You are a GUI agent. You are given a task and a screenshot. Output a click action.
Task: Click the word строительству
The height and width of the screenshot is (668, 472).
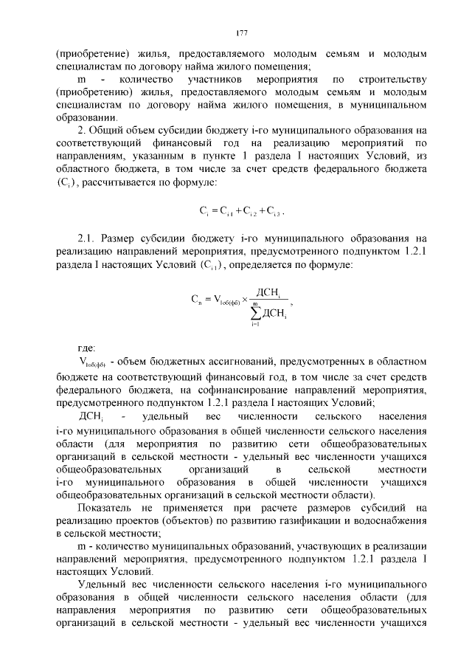(x=392, y=78)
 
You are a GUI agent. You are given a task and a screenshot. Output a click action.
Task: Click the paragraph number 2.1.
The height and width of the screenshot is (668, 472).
(x=87, y=238)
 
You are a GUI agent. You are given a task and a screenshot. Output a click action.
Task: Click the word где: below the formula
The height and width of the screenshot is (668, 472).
(x=87, y=347)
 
